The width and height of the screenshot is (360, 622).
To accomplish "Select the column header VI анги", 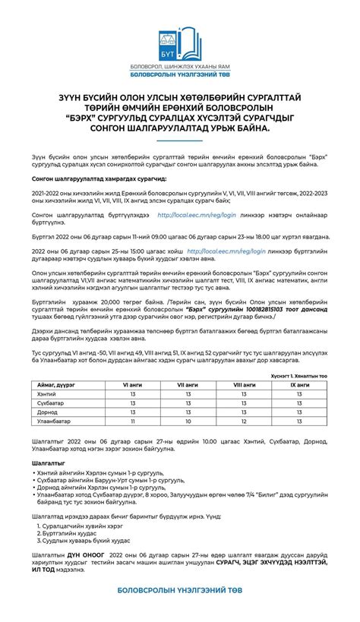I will [x=134, y=385].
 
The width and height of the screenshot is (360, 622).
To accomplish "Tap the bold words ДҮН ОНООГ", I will [x=84, y=556].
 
